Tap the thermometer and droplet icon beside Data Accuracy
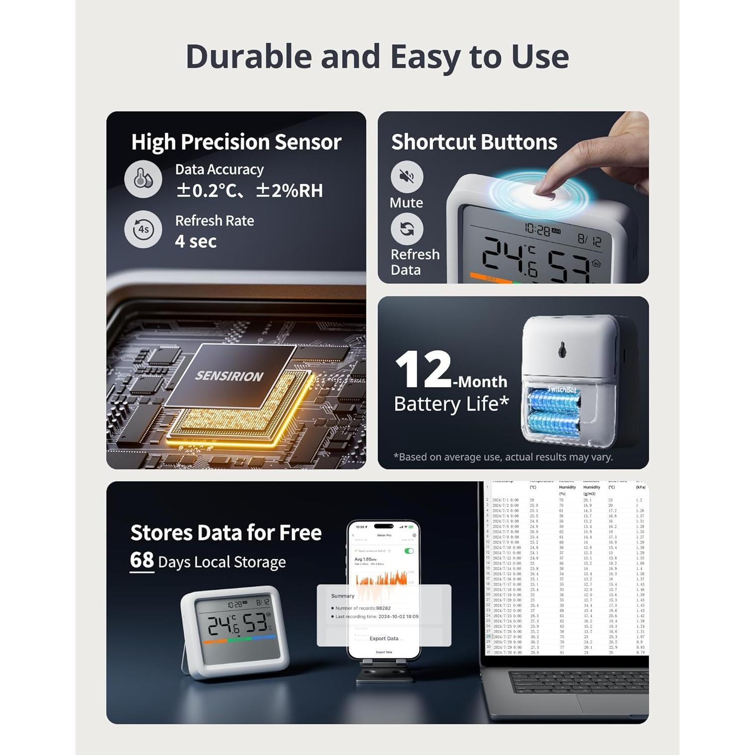[x=143, y=179]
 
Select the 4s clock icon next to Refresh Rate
[x=143, y=230]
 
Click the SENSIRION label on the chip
[x=229, y=376]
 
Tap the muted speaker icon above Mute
[x=407, y=177]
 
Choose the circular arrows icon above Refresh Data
[x=407, y=229]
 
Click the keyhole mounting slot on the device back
[x=562, y=349]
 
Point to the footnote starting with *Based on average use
[x=503, y=457]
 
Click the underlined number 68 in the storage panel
[x=141, y=560]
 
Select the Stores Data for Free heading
[x=225, y=533]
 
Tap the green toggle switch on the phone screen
[x=409, y=551]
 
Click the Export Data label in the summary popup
[x=384, y=638]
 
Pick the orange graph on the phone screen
[x=383, y=579]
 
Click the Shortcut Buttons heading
[x=474, y=142]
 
